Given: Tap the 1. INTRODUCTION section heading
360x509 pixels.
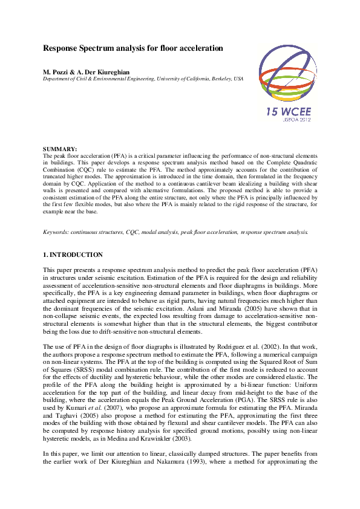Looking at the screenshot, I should (x=73, y=255).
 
